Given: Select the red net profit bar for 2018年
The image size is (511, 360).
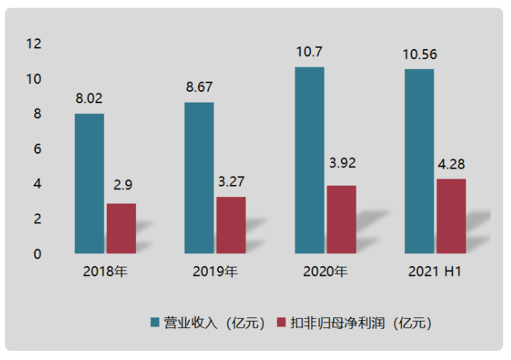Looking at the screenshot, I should [121, 228].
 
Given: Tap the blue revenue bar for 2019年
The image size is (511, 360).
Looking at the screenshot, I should [199, 178].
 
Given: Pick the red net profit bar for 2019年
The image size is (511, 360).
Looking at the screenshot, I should [231, 225].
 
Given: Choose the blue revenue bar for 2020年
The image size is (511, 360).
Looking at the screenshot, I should [309, 160].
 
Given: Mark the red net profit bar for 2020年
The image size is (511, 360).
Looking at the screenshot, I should [341, 219].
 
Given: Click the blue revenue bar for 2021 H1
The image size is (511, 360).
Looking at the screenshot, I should [419, 161].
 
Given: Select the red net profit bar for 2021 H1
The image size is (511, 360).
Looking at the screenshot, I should [451, 216].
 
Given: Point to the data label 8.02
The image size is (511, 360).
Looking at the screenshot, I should [90, 99].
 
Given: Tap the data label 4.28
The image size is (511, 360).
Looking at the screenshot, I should [451, 164].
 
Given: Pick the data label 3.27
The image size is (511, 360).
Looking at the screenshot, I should [231, 182].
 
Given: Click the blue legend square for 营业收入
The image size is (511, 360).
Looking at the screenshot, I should [154, 322].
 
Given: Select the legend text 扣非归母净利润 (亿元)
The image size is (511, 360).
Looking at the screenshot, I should [361, 322].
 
